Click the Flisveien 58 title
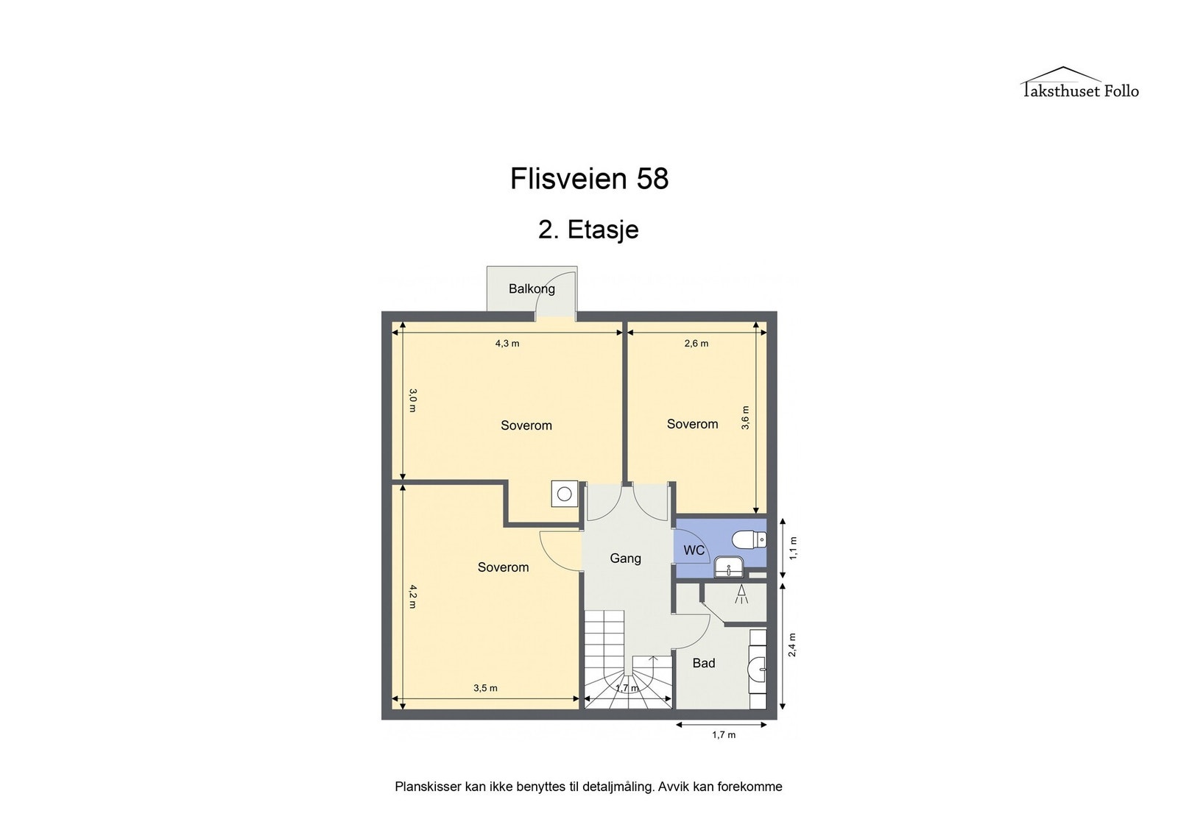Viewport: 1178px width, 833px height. click(x=589, y=179)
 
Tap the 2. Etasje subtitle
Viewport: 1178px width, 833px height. click(x=588, y=230)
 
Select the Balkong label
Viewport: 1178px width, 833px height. click(x=532, y=288)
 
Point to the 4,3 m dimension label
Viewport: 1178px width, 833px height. click(x=507, y=344)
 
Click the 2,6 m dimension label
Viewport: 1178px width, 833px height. click(x=696, y=344)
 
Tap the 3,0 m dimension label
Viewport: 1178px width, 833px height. click(x=413, y=400)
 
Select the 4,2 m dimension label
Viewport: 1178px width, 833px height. click(x=413, y=597)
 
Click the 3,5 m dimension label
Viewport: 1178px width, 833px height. click(x=485, y=688)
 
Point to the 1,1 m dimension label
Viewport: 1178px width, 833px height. click(x=794, y=547)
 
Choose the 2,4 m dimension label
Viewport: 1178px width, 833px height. click(x=792, y=645)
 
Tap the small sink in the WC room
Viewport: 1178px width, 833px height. click(x=728, y=568)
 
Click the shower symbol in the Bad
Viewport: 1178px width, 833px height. click(x=742, y=594)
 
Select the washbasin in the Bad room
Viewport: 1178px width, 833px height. click(x=757, y=669)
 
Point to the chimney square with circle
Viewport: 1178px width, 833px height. click(x=564, y=494)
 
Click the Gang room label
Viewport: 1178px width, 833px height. click(x=625, y=558)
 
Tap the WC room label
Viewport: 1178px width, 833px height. click(x=694, y=550)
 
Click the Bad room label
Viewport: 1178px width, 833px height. click(x=704, y=663)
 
